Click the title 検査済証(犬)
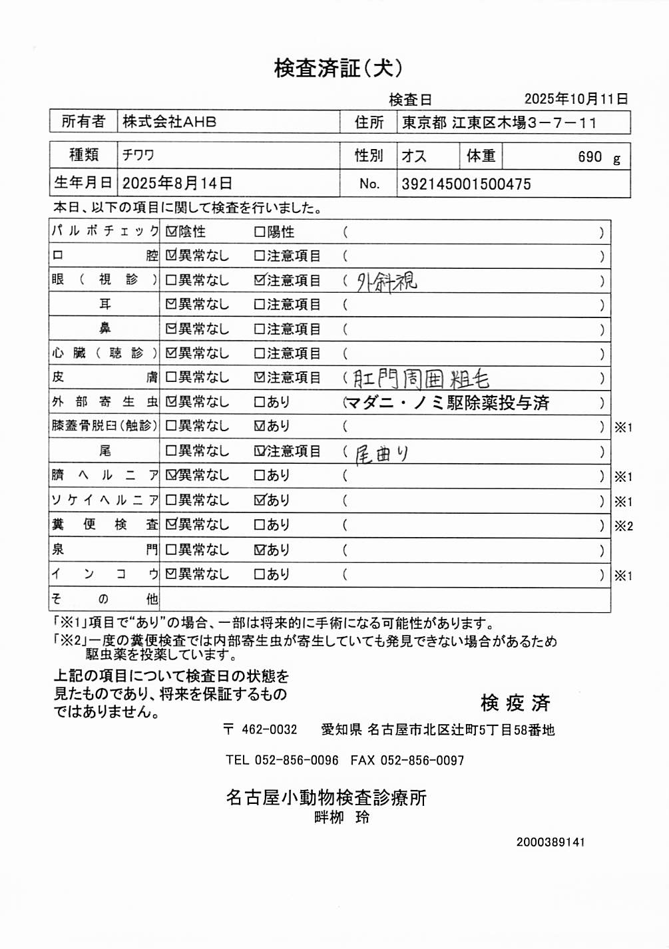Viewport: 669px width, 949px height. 338,68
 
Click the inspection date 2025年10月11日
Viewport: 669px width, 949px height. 576,99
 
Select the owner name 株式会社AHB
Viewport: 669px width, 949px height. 169,122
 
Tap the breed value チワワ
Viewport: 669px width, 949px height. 138,156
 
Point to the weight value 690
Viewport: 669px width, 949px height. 590,157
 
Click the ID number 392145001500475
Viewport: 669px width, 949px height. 466,184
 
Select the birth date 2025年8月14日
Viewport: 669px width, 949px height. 177,184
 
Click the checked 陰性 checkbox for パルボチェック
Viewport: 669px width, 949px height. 171,232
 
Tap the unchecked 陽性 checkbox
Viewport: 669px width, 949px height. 260,232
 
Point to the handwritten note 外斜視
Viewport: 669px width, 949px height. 387,282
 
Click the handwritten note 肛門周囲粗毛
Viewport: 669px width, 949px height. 421,379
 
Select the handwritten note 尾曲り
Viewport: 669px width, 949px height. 381,454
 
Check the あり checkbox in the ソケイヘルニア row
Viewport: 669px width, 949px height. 260,500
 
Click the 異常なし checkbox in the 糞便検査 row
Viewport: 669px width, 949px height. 171,525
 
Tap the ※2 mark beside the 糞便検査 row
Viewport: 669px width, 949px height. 624,526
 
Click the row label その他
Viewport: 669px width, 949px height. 105,599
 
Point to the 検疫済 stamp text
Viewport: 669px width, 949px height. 515,703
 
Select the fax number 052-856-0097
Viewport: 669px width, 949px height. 422,760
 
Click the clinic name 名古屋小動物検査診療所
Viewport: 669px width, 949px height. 326,797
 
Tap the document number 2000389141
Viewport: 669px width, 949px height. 551,842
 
